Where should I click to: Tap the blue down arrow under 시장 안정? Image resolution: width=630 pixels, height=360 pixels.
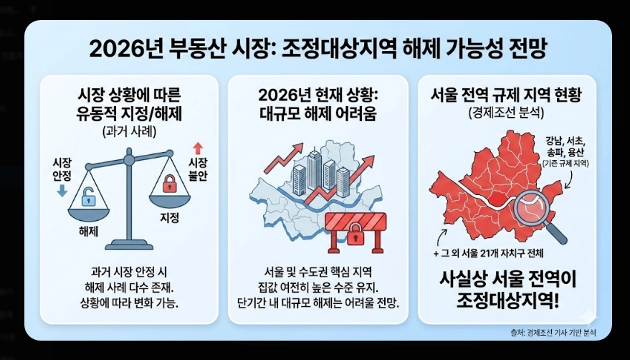[x=60, y=190]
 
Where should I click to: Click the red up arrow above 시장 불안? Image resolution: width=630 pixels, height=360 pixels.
[x=198, y=148]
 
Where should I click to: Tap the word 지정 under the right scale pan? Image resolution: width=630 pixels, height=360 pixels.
[x=168, y=217]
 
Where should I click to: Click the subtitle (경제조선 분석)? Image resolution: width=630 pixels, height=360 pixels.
[x=506, y=113]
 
